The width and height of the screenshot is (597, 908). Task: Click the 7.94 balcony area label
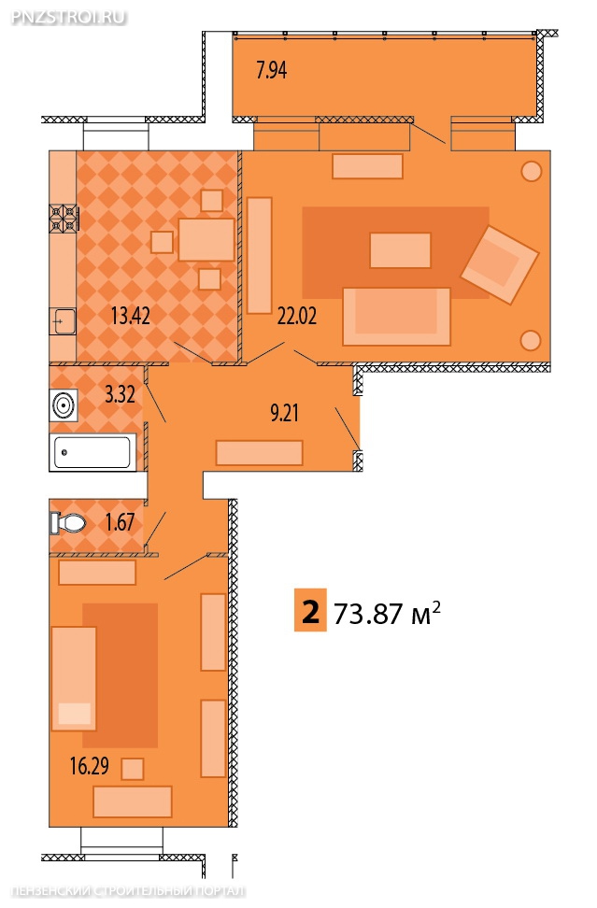coord(272,70)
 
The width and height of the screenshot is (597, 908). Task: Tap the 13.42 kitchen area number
coord(130,316)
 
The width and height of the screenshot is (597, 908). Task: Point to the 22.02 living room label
coord(297,316)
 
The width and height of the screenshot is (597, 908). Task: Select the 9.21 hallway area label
coord(284,413)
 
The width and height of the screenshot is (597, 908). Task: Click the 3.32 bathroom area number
coord(120,394)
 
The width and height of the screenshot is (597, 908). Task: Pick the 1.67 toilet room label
coord(120,522)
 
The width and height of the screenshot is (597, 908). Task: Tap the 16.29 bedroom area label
coord(89,766)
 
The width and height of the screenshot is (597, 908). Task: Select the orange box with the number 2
coord(310,610)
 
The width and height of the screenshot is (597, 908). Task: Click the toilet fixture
coord(68,523)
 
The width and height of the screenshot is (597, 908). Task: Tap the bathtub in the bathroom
coord(92,452)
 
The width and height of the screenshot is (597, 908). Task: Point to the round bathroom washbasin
coord(64,405)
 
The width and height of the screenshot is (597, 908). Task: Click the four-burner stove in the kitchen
coord(64,219)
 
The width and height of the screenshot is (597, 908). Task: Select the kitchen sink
coord(63,320)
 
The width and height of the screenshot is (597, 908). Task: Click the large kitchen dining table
coord(206,239)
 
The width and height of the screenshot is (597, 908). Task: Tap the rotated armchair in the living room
coord(500,264)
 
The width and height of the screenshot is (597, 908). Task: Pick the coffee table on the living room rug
coord(400,250)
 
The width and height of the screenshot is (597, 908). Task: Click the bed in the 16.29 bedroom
coord(74,678)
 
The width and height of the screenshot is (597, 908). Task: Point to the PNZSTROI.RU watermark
coord(68,17)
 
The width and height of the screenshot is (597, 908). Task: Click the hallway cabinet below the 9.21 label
coord(260,453)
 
